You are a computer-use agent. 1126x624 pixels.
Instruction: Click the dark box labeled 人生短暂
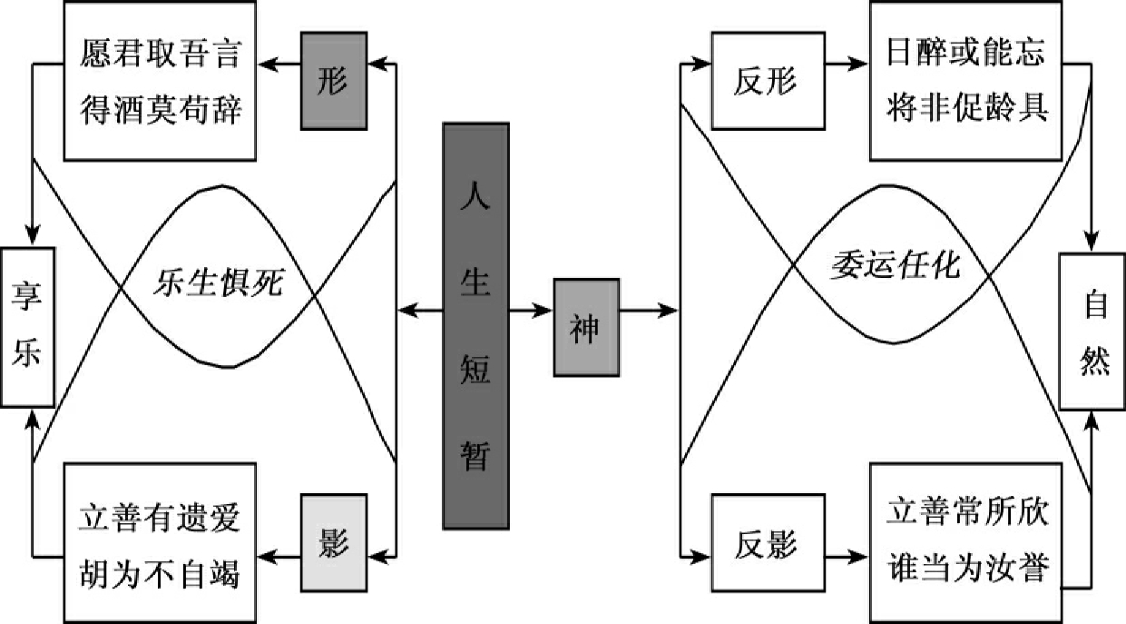[x=475, y=325]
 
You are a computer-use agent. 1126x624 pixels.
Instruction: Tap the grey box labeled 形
[x=334, y=81]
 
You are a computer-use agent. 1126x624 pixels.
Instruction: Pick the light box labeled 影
[x=334, y=542]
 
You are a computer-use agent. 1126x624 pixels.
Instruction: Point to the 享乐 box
[x=28, y=326]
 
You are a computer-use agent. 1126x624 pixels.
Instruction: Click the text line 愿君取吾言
[x=158, y=56]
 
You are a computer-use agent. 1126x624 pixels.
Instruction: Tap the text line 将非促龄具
[x=966, y=107]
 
